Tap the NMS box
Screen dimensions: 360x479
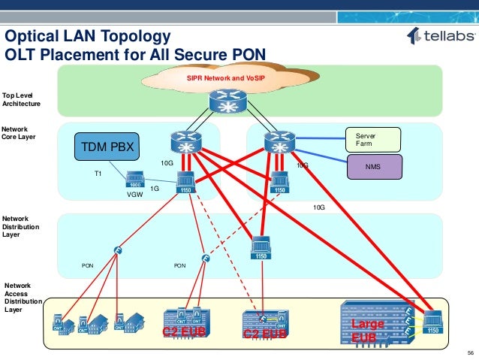pos(373,166)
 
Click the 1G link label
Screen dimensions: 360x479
pos(154,189)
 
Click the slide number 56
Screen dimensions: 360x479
pos(470,353)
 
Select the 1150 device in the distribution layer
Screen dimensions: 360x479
pos(261,248)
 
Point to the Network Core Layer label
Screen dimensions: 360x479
pos(19,133)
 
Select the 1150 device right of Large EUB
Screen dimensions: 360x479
pos(432,322)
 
